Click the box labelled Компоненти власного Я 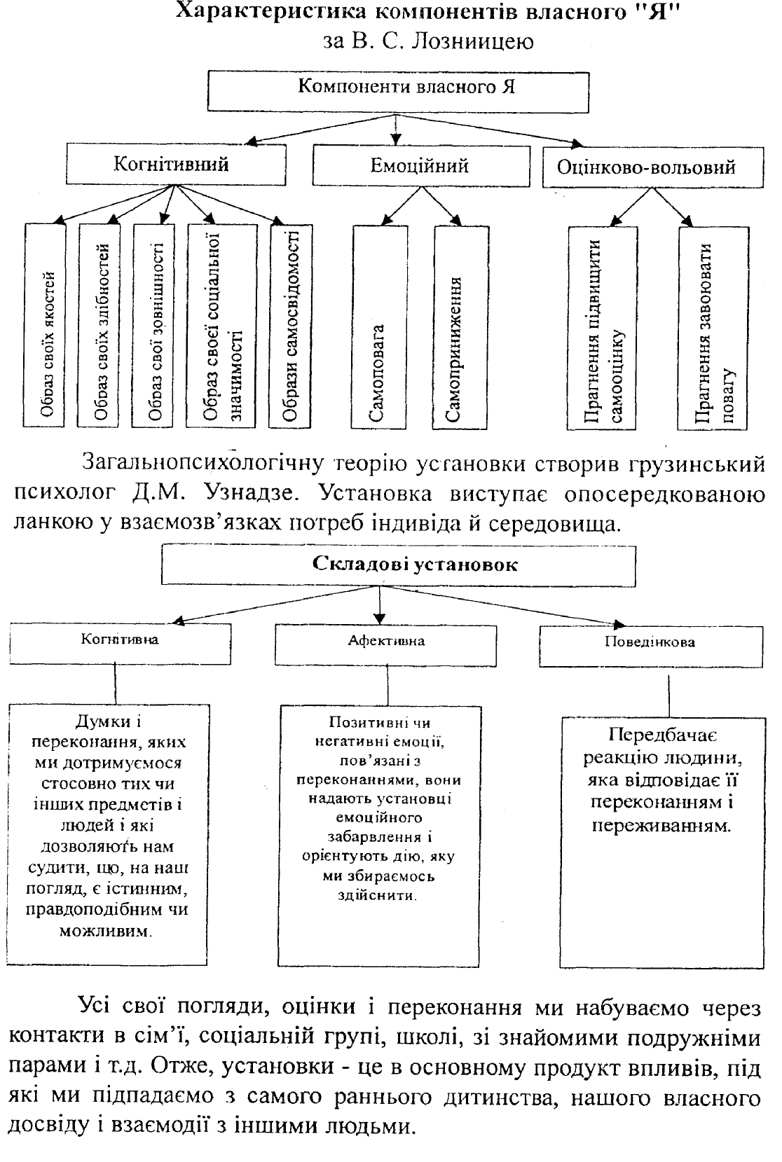coord(397,90)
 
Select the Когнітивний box coord(172,165)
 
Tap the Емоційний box coord(420,167)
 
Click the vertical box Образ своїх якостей coord(46,324)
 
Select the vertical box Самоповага coord(378,326)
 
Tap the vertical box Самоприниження coord(460,326)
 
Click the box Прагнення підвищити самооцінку coord(601,328)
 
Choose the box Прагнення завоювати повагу coord(713,328)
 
